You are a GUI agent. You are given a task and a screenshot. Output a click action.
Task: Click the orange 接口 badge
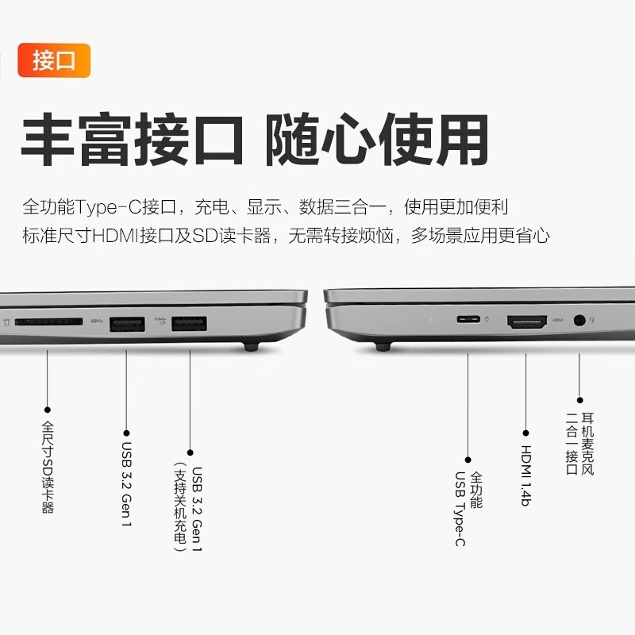54,60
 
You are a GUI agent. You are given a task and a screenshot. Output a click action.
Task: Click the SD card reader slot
48,322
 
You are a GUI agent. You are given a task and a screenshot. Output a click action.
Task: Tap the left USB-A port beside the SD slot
127,325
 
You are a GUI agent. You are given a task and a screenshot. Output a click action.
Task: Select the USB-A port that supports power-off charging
189,324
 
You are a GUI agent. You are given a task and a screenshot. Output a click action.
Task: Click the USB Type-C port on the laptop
468,319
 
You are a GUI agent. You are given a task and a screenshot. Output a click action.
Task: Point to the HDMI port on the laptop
527,322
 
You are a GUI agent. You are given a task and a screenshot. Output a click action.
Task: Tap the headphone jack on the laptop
580,321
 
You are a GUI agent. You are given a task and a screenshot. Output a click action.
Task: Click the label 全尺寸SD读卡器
48,468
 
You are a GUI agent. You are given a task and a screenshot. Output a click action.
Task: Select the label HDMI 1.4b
525,475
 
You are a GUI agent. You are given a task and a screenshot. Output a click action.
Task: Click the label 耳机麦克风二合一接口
580,444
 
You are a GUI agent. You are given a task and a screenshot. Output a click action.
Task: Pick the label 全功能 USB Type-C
468,509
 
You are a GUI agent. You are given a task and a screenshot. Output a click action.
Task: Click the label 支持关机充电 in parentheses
180,506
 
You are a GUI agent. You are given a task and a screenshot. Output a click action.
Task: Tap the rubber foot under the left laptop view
252,347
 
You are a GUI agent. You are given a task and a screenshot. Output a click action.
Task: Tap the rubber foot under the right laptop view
383,347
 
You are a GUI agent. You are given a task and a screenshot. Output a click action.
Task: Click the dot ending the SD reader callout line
48,410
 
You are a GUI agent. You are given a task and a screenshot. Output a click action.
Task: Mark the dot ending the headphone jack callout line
580,400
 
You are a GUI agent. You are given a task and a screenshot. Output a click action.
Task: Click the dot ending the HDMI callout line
526,433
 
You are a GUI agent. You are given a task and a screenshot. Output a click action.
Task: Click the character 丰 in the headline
48,140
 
